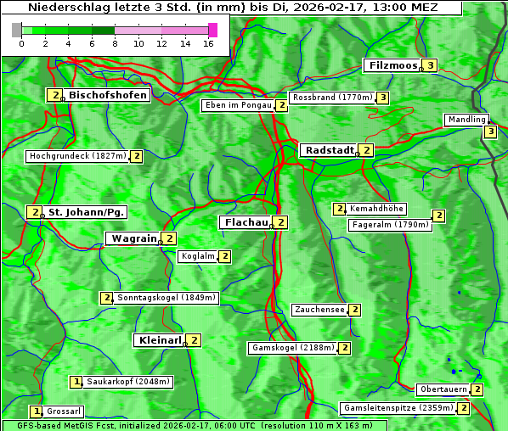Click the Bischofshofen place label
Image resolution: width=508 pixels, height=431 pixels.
click(108, 95)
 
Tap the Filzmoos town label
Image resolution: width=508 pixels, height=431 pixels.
click(392, 65)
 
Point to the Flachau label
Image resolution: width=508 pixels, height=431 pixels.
click(245, 222)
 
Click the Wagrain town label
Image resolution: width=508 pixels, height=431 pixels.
click(133, 239)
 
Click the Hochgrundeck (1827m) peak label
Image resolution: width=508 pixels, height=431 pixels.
click(77, 156)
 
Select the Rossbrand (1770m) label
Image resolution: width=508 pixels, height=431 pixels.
click(332, 98)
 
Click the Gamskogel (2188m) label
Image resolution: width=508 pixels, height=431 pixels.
click(293, 348)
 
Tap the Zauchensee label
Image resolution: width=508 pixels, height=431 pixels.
click(319, 310)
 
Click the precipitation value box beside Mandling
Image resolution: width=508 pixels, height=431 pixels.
click(490, 132)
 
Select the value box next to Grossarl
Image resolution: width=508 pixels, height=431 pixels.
click(36, 411)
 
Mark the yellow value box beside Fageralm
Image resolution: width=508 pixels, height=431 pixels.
click(438, 215)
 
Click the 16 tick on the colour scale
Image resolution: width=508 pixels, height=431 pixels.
click(208, 43)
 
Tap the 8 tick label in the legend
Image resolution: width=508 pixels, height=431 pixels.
click(115, 43)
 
